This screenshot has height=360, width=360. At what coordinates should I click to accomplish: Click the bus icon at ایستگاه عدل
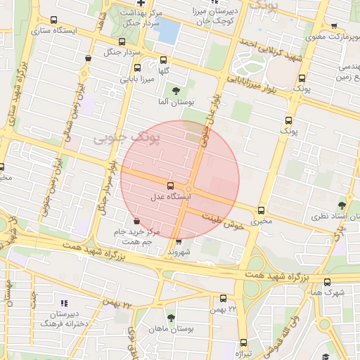pos(171,186)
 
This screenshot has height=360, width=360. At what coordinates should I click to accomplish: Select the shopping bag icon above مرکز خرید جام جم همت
pos(136,221)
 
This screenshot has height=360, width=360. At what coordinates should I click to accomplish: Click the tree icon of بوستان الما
pos(175,90)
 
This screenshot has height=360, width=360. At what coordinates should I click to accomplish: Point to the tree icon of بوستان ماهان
pos(162,317)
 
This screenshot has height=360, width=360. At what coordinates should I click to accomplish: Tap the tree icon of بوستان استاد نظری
pos(342,205)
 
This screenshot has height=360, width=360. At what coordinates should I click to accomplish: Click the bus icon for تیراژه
pos(243,343)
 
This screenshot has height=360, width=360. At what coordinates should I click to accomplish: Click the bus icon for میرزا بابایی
pos(136,69)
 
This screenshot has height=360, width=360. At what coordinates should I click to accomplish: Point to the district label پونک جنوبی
pos(127,138)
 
